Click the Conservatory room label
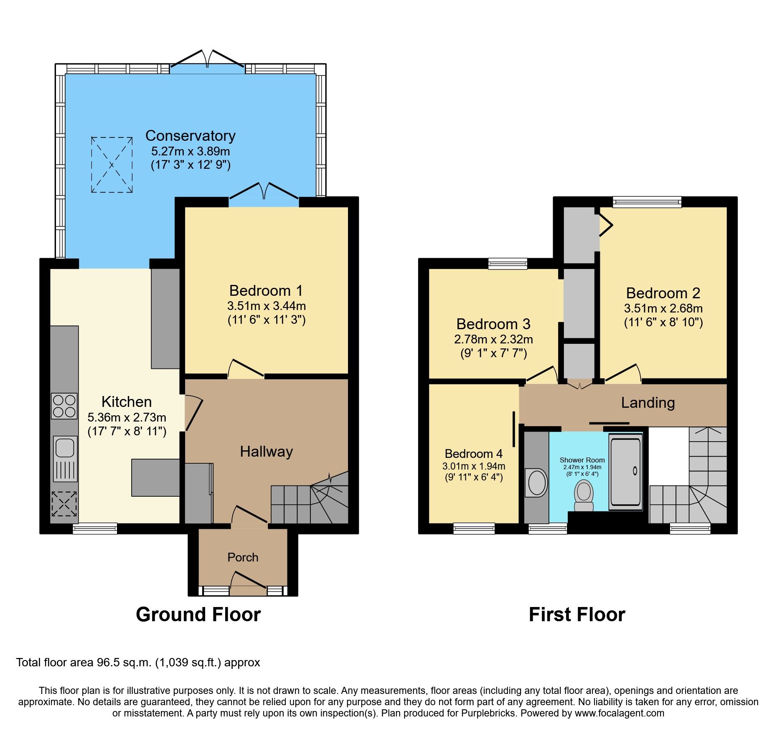pyautogui.click(x=190, y=136)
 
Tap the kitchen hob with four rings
pyautogui.click(x=64, y=406)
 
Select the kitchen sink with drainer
pyautogui.click(x=65, y=458)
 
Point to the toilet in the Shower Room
pyautogui.click(x=584, y=495)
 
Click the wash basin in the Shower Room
pyautogui.click(x=537, y=483)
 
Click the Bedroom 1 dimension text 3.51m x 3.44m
pyautogui.click(x=266, y=306)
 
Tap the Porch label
pyautogui.click(x=243, y=557)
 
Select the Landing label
pyautogui.click(x=647, y=403)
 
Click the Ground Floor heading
pyautogui.click(x=198, y=615)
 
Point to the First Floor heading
pyautogui.click(x=576, y=615)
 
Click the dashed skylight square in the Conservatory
pyautogui.click(x=112, y=165)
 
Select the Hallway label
pyautogui.click(x=266, y=452)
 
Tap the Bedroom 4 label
pyautogui.click(x=473, y=454)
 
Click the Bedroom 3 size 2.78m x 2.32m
pyautogui.click(x=493, y=339)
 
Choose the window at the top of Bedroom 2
pyautogui.click(x=647, y=202)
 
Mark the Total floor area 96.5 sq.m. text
pyautogui.click(x=138, y=663)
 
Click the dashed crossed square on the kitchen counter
pyautogui.click(x=64, y=503)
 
